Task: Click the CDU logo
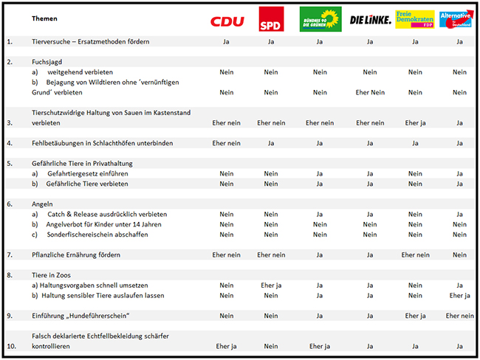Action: click(227, 21)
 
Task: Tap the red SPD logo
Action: click(270, 19)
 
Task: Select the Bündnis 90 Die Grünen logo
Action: click(320, 19)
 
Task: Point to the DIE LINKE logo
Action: click(370, 20)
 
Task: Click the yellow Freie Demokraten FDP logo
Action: click(414, 19)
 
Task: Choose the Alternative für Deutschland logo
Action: click(459, 18)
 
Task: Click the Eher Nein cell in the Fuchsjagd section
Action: click(371, 92)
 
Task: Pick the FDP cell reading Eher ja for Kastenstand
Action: click(415, 122)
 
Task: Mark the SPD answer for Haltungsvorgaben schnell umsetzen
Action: click(271, 285)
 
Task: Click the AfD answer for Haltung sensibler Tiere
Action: click(459, 295)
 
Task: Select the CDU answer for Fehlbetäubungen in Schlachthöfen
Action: click(227, 143)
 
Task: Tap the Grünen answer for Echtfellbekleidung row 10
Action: click(320, 345)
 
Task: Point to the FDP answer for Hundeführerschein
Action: click(415, 315)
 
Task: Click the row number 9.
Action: click(9, 315)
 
